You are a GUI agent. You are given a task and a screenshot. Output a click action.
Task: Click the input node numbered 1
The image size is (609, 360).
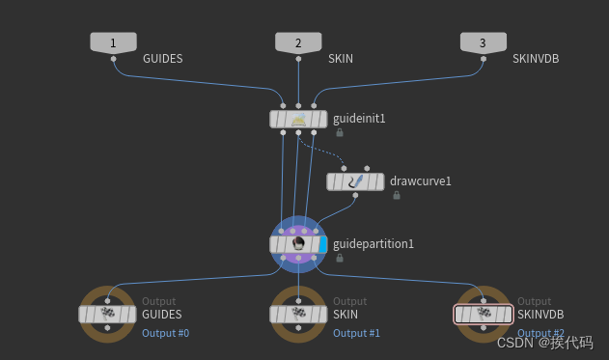click(x=113, y=42)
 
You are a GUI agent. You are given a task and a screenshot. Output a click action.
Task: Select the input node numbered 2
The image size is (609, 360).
click(x=298, y=42)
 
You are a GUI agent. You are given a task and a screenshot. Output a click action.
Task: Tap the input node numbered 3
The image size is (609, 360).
click(x=484, y=42)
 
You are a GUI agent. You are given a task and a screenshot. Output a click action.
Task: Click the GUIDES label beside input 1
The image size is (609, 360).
click(x=162, y=59)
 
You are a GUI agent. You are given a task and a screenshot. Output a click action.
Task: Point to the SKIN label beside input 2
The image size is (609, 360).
click(x=340, y=59)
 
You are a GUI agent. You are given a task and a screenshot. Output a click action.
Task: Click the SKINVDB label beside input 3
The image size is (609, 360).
click(x=536, y=59)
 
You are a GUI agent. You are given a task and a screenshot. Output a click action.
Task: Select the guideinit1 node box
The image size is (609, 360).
click(x=298, y=119)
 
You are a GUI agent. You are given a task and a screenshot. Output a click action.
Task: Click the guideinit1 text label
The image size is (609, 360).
click(x=359, y=119)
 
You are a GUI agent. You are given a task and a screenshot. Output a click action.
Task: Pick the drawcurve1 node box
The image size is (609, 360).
click(x=355, y=181)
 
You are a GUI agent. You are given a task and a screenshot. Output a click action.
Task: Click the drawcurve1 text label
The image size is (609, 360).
click(x=421, y=181)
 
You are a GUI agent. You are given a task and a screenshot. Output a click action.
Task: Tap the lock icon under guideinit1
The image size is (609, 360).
click(x=340, y=133)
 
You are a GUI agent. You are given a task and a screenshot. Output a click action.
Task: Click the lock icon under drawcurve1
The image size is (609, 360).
click(x=397, y=196)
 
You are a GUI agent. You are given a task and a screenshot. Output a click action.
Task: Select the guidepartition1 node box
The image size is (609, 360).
click(x=298, y=244)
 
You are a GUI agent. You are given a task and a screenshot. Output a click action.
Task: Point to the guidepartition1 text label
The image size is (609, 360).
click(x=373, y=244)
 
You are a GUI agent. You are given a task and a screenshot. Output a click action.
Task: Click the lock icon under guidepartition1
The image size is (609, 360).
click(x=340, y=259)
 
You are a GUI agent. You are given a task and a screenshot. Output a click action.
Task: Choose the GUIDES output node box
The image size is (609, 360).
click(x=106, y=314)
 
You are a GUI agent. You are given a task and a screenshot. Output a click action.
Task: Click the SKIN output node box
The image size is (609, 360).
click(x=298, y=314)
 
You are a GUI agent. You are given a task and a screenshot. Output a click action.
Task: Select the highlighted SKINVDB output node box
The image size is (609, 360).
click(x=483, y=314)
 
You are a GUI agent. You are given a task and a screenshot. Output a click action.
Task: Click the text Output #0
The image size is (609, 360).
click(x=165, y=334)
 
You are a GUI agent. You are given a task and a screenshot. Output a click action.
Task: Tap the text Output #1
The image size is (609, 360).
click(x=357, y=334)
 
